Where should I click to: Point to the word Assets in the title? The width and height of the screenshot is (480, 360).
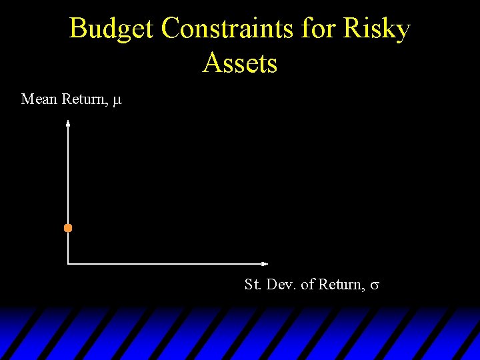240,63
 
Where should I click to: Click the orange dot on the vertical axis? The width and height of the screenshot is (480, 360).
68,228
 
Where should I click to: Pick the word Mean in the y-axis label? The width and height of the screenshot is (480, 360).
39,99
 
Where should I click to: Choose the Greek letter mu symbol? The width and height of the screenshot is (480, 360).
117,101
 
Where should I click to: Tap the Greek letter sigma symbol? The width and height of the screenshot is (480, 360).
375,285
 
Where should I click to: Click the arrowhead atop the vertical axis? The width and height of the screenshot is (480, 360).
68,123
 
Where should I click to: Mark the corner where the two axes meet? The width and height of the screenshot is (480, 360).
68,263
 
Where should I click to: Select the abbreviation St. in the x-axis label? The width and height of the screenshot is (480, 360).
253,285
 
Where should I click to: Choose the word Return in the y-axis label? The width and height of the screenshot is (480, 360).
85,99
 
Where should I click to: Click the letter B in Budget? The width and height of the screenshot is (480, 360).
79,29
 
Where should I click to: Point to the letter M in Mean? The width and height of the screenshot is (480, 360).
27,99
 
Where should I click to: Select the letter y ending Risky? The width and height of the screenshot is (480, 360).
402,31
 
